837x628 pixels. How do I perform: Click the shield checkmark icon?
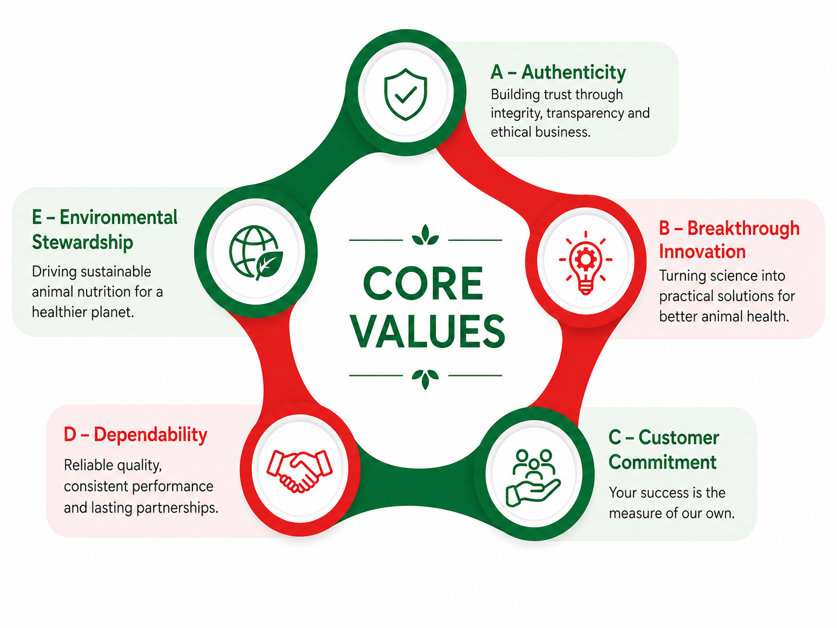(405, 94)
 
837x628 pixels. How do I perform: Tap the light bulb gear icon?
(586, 263)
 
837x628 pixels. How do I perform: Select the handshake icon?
(299, 471)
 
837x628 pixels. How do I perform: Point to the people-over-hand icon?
(533, 478)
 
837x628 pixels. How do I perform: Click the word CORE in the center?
(423, 283)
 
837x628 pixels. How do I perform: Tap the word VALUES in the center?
(428, 331)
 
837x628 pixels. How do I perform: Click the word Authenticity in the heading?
(573, 72)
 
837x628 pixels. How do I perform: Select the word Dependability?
(150, 435)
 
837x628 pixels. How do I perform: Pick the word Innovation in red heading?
(702, 252)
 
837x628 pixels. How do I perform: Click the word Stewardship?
(82, 242)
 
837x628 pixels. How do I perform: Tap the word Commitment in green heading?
(662, 462)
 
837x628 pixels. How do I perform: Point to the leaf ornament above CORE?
(425, 235)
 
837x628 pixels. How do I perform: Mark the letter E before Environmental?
(36, 217)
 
